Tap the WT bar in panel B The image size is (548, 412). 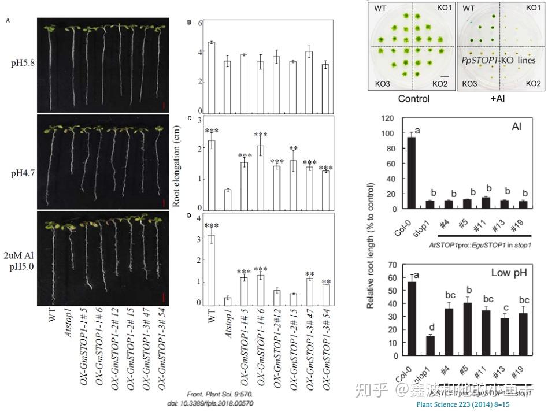click(211, 77)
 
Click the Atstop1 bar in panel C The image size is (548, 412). click(227, 199)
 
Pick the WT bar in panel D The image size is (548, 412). click(211, 270)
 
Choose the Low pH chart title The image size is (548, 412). click(509, 272)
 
